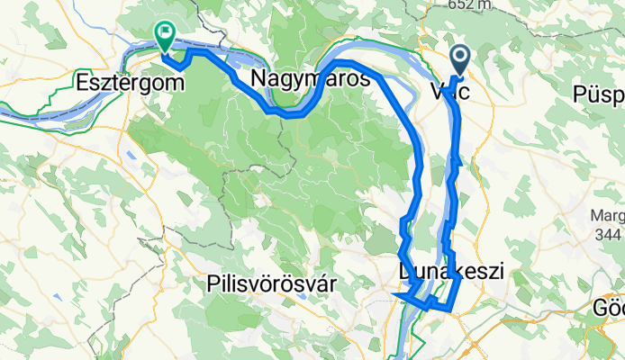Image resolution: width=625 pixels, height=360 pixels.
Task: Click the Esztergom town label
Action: click(x=131, y=82)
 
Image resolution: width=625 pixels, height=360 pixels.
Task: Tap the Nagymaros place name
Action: click(x=312, y=79)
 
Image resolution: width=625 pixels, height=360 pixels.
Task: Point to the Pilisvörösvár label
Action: click(x=271, y=283)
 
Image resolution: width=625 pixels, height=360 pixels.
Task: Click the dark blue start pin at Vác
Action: click(x=459, y=59)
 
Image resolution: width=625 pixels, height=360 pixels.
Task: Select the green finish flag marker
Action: click(x=165, y=35)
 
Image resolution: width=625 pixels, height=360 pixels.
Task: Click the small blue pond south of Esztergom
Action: click(x=132, y=154)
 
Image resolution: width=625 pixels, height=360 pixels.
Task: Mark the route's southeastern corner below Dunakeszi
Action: click(x=448, y=310)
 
